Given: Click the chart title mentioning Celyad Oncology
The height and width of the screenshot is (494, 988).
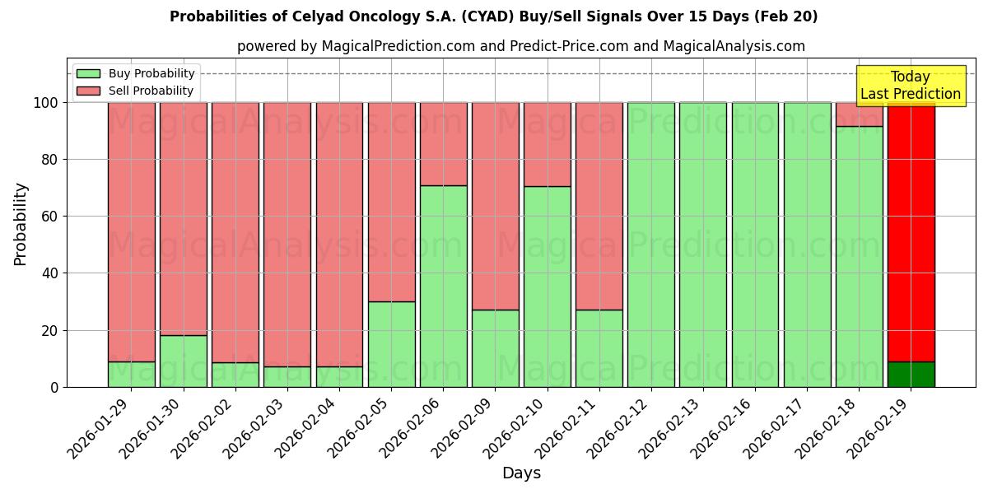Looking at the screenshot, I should (x=493, y=16).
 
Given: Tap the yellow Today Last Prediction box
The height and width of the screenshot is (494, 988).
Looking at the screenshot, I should (x=910, y=86).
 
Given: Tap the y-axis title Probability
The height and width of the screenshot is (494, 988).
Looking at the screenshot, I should (x=21, y=224).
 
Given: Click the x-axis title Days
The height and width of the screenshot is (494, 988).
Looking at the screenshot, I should (x=521, y=473).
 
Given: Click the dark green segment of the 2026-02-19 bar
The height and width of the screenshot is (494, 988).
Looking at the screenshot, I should (x=911, y=374).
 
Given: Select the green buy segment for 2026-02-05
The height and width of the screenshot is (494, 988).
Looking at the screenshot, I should (x=391, y=344).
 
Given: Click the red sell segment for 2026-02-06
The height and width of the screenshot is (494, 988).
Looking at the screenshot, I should (x=443, y=143).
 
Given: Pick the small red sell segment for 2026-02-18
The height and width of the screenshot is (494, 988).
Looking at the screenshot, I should (x=859, y=114).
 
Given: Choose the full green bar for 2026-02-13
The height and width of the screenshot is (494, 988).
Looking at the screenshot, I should (x=703, y=245).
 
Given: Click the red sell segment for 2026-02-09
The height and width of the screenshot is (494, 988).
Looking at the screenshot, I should (x=495, y=206).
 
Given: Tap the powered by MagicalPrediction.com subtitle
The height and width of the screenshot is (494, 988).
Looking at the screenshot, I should (x=520, y=46).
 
